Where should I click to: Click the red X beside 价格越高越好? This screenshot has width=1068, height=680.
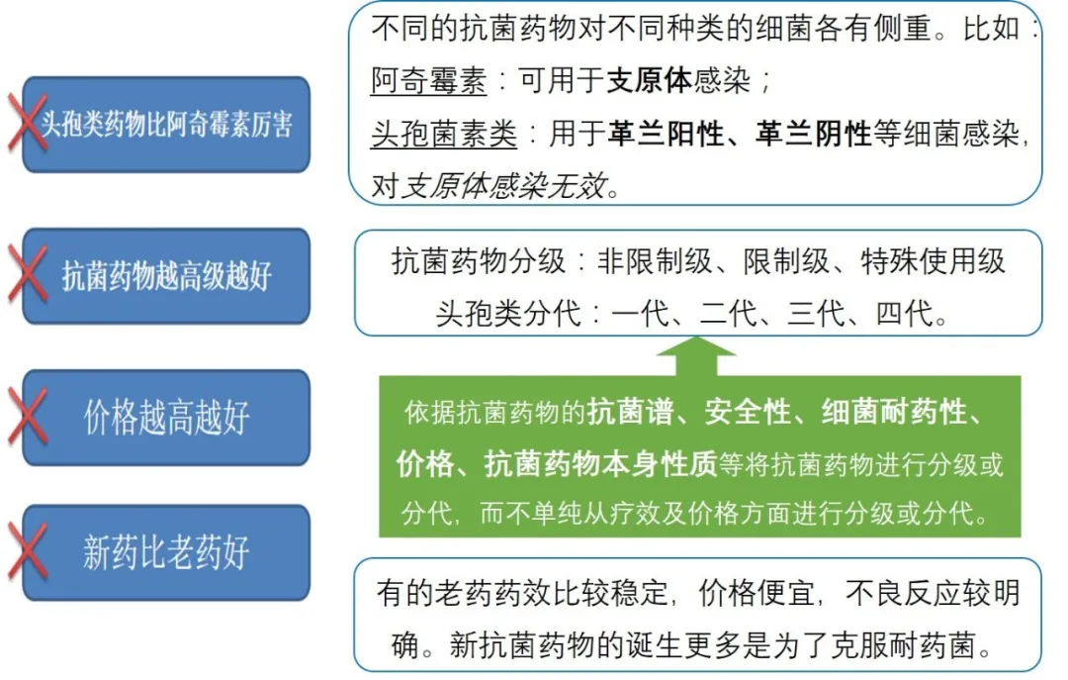pyautogui.click(x=28, y=417)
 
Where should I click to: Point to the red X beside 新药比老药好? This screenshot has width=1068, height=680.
pyautogui.click(x=28, y=552)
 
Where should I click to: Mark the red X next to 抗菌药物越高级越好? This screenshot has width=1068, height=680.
pyautogui.click(x=28, y=274)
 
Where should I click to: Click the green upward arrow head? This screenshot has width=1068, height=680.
pyautogui.click(x=697, y=350)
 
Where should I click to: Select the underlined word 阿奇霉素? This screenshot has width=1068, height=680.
pyautogui.click(x=429, y=82)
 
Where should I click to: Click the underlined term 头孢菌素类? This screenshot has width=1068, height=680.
pyautogui.click(x=444, y=135)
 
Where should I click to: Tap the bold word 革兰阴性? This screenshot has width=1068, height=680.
pyautogui.click(x=813, y=135)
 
